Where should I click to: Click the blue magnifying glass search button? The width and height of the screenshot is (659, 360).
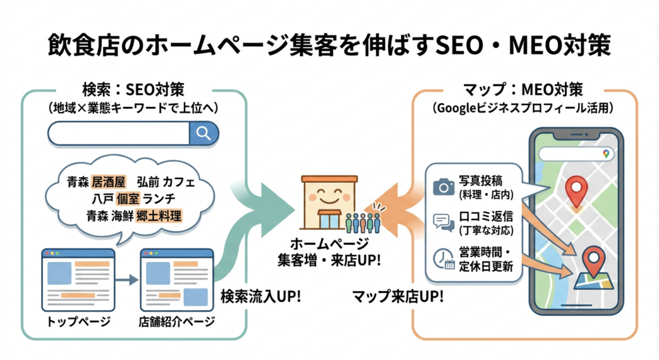click(204, 134)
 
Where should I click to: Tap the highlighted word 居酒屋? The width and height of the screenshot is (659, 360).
click(108, 182)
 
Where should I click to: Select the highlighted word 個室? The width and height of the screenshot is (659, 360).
click(128, 198)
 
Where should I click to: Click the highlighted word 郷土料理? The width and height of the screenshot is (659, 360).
click(159, 216)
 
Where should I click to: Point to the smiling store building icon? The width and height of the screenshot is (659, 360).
click(329, 202)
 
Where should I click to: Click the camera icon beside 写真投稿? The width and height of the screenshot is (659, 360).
click(444, 187)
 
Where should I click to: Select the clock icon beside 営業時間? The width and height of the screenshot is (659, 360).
click(444, 259)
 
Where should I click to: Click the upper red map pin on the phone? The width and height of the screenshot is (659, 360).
click(576, 191)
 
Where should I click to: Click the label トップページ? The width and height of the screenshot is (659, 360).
click(78, 322)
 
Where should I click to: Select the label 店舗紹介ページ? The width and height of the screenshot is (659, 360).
click(176, 322)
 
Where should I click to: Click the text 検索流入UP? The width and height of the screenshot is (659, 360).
click(261, 296)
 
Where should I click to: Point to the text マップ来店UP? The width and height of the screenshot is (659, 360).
click(398, 296)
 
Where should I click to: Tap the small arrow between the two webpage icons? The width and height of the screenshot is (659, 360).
click(127, 279)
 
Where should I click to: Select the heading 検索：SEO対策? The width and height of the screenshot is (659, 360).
click(133, 90)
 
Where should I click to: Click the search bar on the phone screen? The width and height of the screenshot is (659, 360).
click(576, 153)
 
